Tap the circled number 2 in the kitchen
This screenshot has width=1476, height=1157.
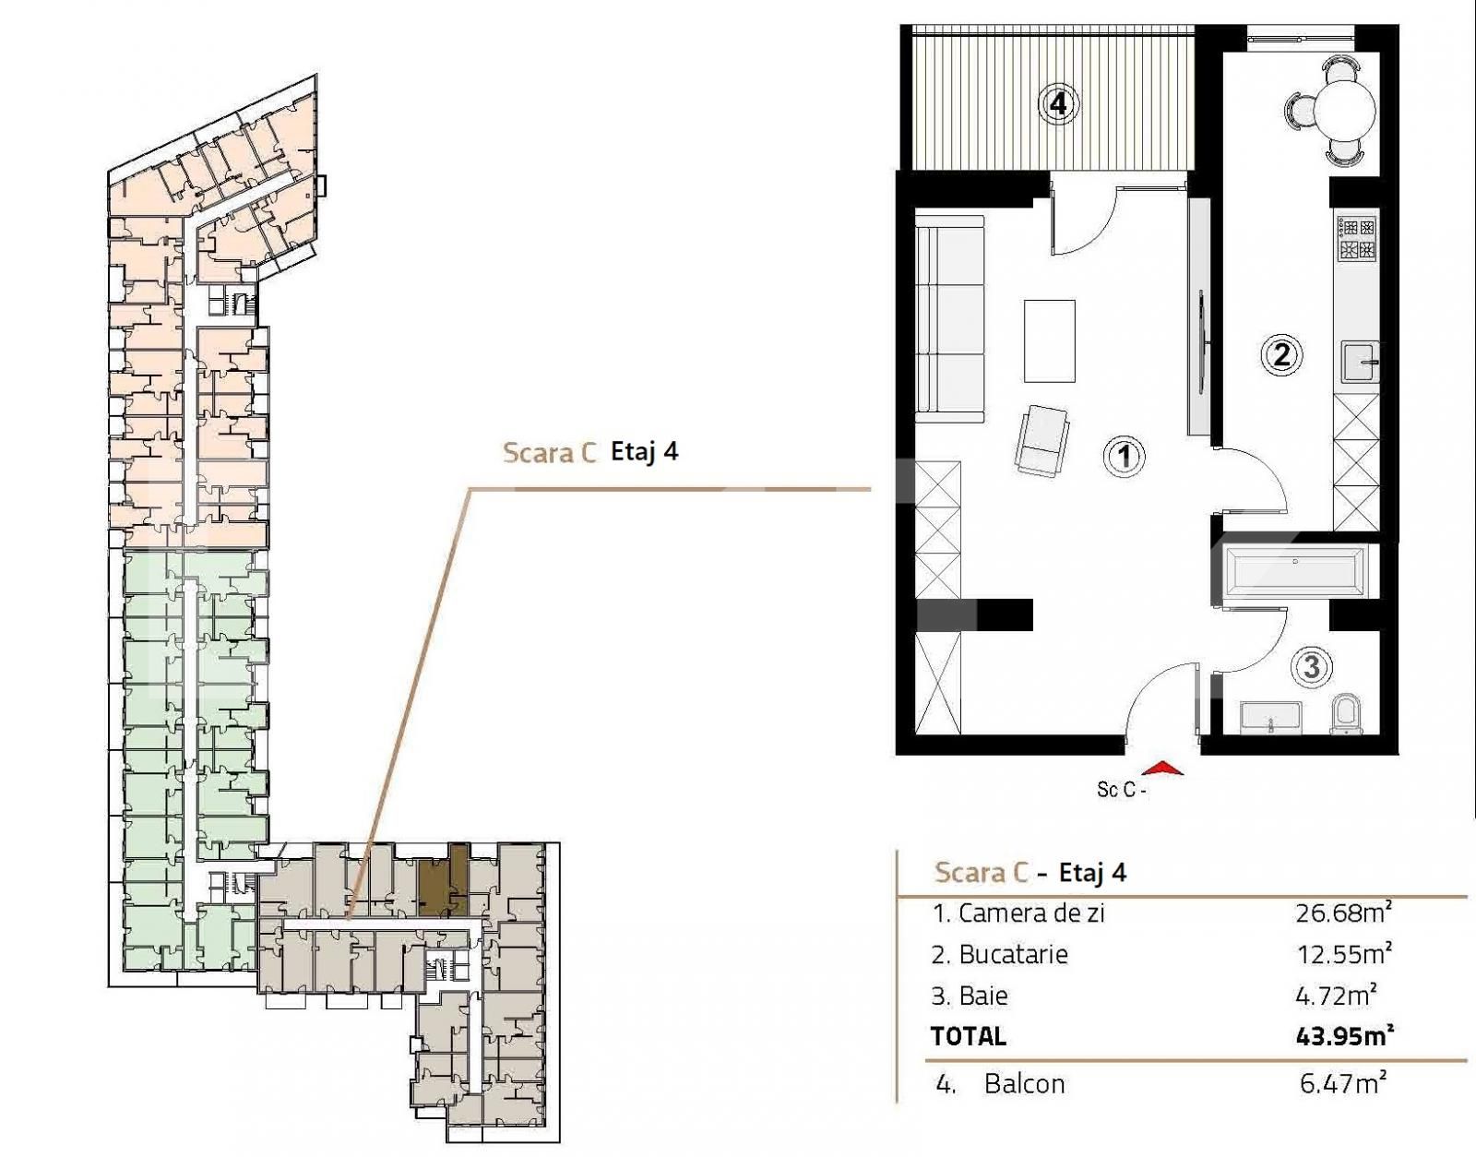tap(1280, 354)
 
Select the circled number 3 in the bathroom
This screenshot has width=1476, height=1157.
tap(1312, 666)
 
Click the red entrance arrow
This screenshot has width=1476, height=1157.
tap(1162, 768)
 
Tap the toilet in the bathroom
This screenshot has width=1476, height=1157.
tap(1347, 713)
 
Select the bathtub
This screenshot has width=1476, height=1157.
tap(1295, 570)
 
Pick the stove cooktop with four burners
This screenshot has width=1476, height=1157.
tap(1357, 237)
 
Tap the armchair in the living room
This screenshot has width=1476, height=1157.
tap(1043, 441)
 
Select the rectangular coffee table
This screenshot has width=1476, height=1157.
tap(1049, 340)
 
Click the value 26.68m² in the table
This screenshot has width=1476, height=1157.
tap(1342, 913)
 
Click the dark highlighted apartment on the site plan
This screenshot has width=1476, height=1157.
tap(441, 881)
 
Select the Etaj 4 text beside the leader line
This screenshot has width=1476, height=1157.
tap(645, 452)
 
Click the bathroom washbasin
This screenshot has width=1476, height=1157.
tap(1271, 717)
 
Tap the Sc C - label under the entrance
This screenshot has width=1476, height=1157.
tap(1121, 790)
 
